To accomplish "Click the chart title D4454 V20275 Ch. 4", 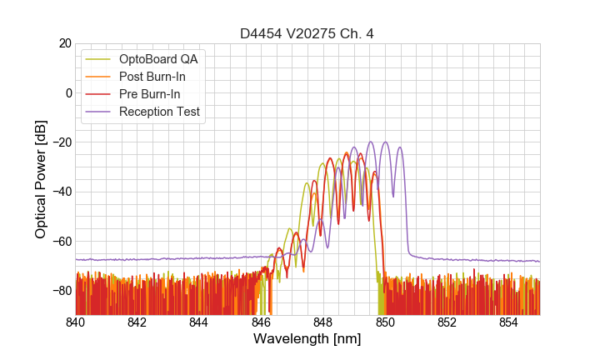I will pyautogui.click(x=307, y=33).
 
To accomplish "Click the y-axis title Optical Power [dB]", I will pyautogui.click(x=41, y=178).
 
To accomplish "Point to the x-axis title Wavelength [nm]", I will pyautogui.click(x=307, y=339).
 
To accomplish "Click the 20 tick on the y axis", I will pyautogui.click(x=64, y=43).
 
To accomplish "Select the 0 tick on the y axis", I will pyautogui.click(x=67, y=92).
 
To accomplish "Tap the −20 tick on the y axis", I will pyautogui.click(x=62, y=142).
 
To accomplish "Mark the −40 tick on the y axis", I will pyautogui.click(x=62, y=192).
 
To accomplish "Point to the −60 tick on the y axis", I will pyautogui.click(x=62, y=241).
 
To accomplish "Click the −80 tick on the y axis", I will pyautogui.click(x=62, y=291).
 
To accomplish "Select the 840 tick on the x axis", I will pyautogui.click(x=76, y=322).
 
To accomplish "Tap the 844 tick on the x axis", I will pyautogui.click(x=199, y=322).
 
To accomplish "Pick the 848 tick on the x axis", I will pyautogui.click(x=323, y=322).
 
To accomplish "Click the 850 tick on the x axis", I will pyautogui.click(x=385, y=322).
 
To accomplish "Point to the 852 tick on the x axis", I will pyautogui.click(x=447, y=322).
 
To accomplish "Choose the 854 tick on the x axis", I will pyautogui.click(x=508, y=322).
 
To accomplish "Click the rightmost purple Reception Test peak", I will pyautogui.click(x=400, y=148).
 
